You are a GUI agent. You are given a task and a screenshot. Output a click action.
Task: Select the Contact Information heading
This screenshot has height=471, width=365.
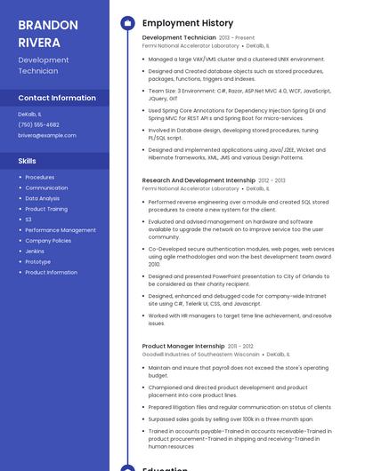(x=57, y=98)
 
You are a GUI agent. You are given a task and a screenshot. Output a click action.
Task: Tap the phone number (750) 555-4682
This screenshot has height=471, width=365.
(x=38, y=124)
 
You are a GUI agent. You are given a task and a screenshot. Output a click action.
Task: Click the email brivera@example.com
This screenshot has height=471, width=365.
(x=47, y=135)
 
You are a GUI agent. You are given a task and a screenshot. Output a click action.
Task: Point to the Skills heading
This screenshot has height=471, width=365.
(x=28, y=161)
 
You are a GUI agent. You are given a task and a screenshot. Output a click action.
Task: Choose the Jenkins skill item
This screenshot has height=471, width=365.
(x=35, y=251)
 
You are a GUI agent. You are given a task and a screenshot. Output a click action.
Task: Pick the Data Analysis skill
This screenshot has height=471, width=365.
(x=43, y=198)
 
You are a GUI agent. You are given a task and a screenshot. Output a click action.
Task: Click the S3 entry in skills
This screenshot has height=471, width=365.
(x=28, y=220)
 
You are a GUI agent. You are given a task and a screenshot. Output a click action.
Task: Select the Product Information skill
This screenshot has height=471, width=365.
(x=51, y=272)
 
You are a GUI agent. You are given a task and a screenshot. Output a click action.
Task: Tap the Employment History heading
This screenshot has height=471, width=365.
(x=187, y=23)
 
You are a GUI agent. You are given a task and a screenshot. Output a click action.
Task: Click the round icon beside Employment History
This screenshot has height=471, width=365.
(x=127, y=23)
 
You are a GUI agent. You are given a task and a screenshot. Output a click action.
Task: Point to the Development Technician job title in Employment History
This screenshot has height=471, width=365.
(x=178, y=38)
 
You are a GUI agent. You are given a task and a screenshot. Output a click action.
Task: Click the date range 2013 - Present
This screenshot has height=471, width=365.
(x=237, y=38)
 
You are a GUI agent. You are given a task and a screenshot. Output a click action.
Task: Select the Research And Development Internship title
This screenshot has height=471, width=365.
(x=199, y=180)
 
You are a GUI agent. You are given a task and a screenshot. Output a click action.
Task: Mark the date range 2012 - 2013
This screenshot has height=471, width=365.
(x=272, y=180)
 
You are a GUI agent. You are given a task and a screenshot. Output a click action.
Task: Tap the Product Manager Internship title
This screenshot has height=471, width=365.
(x=183, y=346)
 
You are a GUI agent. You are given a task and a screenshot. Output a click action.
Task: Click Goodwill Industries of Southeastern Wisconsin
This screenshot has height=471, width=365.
(x=200, y=354)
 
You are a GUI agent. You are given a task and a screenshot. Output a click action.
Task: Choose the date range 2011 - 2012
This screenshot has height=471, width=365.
(x=240, y=346)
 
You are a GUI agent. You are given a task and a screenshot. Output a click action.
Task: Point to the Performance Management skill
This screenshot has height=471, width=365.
(x=61, y=230)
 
